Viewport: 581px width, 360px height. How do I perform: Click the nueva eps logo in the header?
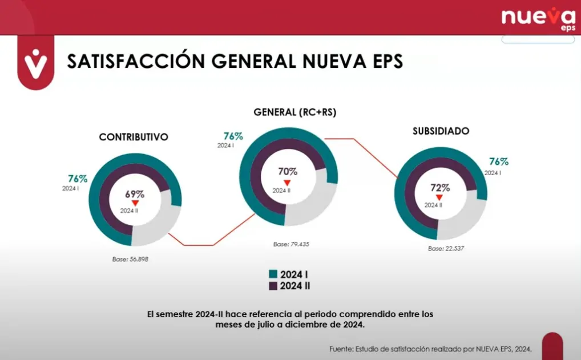click(x=538, y=18)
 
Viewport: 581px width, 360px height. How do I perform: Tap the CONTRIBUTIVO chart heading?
click(x=134, y=137)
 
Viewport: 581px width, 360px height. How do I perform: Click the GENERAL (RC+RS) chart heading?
click(x=295, y=112)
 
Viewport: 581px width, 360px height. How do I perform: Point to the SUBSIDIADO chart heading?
click(x=441, y=131)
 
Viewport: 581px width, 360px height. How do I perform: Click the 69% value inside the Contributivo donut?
click(x=135, y=194)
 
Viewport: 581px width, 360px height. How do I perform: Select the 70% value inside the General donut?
click(x=288, y=171)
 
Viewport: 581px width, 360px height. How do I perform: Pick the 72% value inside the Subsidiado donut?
click(x=440, y=188)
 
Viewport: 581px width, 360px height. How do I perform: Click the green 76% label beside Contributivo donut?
click(x=78, y=179)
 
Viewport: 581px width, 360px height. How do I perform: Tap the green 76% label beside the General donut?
click(x=233, y=136)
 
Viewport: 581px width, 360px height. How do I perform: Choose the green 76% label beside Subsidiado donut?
click(x=498, y=161)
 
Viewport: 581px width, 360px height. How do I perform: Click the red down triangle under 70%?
click(x=288, y=183)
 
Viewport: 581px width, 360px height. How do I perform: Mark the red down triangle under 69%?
click(x=135, y=203)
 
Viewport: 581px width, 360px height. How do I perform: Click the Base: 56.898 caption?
click(x=131, y=259)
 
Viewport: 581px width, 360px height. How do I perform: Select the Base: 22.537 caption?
click(x=447, y=249)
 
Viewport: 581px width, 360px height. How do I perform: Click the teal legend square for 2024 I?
click(x=273, y=274)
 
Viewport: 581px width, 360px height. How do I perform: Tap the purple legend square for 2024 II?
click(x=273, y=286)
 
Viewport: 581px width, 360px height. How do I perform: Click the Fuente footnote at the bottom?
click(x=430, y=349)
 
